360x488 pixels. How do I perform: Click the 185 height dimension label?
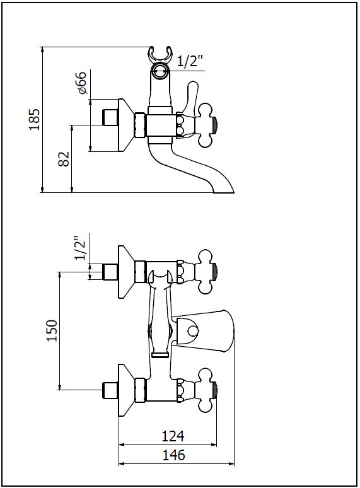[x=35, y=120]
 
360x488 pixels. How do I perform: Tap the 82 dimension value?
[x=64, y=159]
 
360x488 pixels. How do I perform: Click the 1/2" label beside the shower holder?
[x=190, y=61]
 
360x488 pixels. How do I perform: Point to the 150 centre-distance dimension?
[x=52, y=330]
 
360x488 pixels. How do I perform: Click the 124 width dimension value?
[x=173, y=436]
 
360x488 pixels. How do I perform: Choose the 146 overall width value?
[x=173, y=455]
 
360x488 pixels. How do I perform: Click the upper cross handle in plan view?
[x=206, y=271]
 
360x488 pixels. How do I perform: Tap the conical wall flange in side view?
[x=126, y=125]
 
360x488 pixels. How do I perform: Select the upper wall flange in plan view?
[x=126, y=272]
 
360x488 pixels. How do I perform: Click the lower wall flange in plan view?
[x=126, y=390]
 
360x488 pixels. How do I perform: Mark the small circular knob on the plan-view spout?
[x=194, y=330]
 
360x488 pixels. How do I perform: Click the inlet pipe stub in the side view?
[x=110, y=117]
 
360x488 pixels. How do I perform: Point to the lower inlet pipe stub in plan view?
[x=110, y=390]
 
